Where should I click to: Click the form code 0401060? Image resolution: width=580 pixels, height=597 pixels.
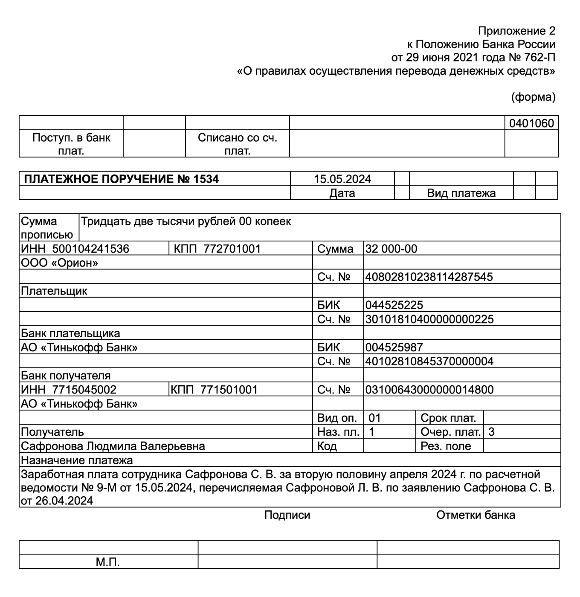pos(531,123)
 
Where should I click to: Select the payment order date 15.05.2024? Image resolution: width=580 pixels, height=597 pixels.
pos(342,179)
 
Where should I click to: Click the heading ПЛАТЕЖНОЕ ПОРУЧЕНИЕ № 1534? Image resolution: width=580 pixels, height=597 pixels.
pos(121,179)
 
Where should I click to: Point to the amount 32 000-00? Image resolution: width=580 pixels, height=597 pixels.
pos(391,249)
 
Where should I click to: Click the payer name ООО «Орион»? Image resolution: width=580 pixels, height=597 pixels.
pos(59,263)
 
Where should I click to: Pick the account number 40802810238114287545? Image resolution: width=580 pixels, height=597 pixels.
pos(429,277)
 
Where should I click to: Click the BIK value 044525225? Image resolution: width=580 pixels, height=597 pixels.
pos(394,305)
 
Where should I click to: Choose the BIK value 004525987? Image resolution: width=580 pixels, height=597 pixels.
pos(394,347)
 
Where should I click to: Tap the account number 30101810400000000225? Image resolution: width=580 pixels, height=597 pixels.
pos(429,319)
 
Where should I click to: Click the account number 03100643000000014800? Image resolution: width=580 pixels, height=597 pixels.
pos(429,390)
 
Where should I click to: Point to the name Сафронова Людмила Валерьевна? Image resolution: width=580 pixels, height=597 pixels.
pos(113,446)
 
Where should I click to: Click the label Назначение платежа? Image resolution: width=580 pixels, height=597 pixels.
pos(77,460)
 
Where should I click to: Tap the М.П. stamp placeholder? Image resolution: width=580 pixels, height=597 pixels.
pos(107,562)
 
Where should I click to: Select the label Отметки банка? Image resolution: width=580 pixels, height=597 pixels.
pos(476,515)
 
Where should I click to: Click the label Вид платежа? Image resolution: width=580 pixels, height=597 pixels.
pos(461,193)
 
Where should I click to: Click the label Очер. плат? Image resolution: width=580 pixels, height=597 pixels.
pos(450,432)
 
